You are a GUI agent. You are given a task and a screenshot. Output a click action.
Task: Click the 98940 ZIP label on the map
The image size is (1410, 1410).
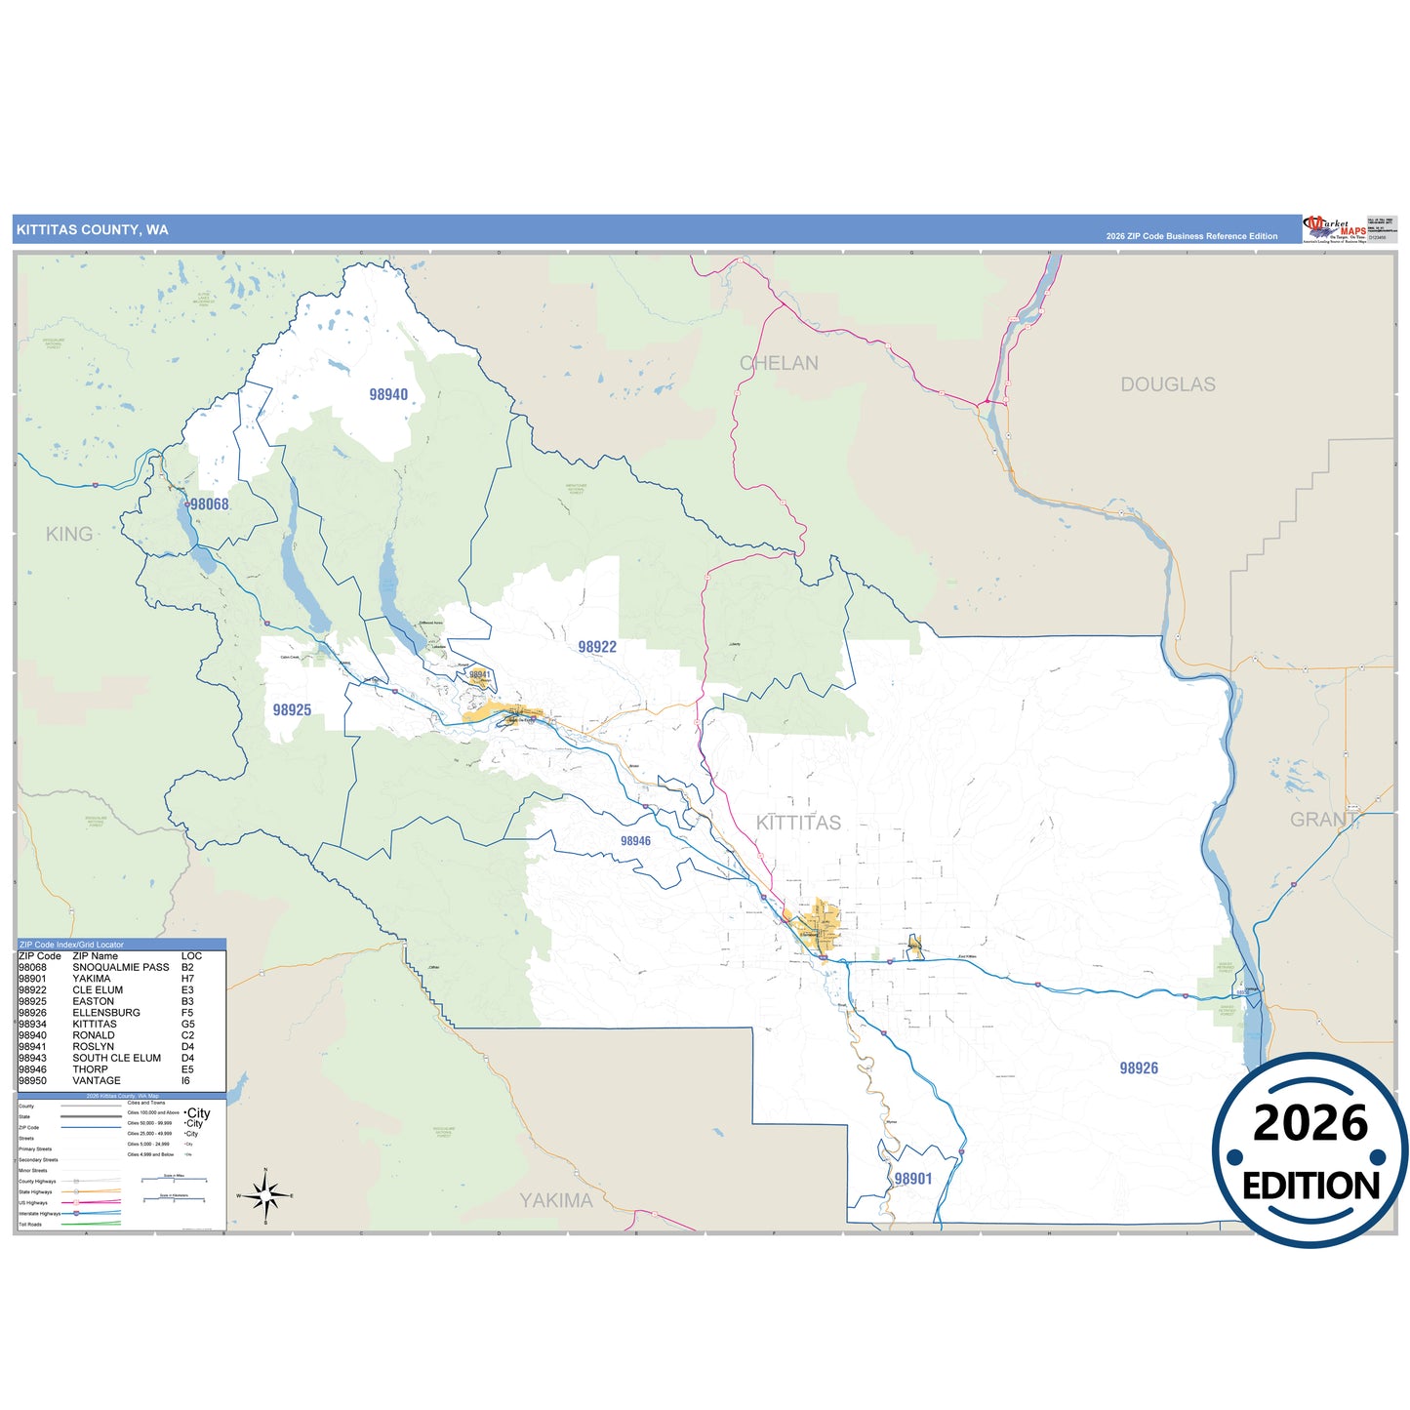[x=388, y=394]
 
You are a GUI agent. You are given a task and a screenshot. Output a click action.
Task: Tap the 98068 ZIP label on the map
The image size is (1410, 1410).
[x=209, y=504]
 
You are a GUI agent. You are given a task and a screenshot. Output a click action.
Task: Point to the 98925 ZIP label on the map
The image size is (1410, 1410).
[x=292, y=709]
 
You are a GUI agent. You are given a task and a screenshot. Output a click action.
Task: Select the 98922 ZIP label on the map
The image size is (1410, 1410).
[x=597, y=647]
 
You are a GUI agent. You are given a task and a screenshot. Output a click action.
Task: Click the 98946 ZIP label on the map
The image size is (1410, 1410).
[x=635, y=841]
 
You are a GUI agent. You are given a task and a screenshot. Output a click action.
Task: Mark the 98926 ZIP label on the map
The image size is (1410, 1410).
[x=1139, y=1068]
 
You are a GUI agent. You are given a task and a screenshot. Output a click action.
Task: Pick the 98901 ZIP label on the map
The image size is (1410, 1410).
[x=913, y=1179]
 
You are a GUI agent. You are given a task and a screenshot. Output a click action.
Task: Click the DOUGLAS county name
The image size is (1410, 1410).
[x=1168, y=384]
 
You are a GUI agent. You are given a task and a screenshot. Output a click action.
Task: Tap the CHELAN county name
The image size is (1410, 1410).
[x=779, y=363]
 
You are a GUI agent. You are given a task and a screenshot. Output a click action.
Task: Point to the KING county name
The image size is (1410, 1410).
[x=69, y=534]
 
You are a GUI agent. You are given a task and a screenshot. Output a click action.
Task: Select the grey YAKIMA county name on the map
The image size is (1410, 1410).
[x=556, y=1200]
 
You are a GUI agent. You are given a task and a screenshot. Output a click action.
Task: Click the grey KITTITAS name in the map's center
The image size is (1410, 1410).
[x=798, y=823]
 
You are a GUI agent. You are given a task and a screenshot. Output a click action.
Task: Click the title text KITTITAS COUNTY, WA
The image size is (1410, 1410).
[x=92, y=230]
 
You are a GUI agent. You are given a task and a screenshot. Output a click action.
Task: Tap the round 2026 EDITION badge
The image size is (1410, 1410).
[x=1310, y=1151]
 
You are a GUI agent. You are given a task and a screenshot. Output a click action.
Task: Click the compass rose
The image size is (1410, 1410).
[x=265, y=1195]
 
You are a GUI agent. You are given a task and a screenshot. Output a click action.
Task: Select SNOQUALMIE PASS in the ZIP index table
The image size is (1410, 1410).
[x=121, y=967]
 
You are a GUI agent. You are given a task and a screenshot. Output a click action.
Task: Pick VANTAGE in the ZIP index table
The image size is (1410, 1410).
[x=97, y=1080]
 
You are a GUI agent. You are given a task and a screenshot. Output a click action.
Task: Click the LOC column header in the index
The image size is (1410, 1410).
[x=191, y=956]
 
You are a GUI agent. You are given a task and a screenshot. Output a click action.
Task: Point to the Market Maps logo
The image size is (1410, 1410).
[x=1334, y=229]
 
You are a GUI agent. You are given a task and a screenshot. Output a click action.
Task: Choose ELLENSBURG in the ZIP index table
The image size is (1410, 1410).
[x=106, y=1013]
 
